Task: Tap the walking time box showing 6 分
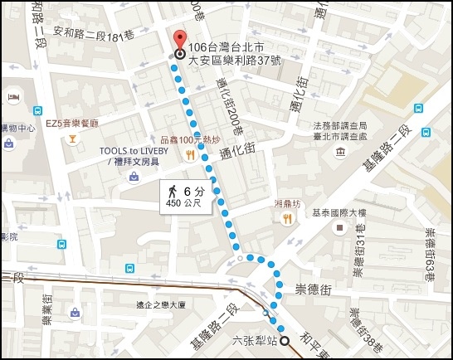187,197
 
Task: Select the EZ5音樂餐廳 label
71,124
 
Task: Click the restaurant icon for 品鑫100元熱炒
190,154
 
